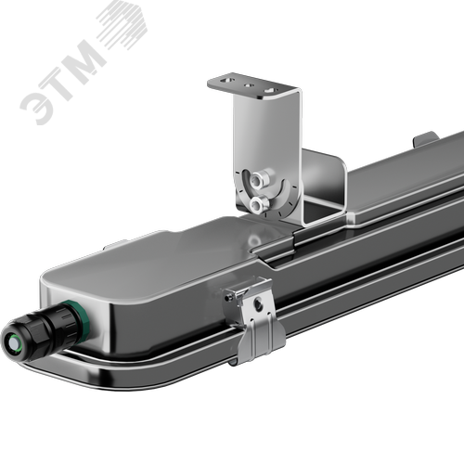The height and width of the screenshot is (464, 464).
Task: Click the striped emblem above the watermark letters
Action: (x=123, y=24)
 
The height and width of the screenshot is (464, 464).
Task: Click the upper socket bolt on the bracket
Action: (x=257, y=179)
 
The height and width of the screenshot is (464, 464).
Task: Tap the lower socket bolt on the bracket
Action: (x=258, y=204)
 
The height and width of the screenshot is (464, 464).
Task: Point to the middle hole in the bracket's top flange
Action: (x=249, y=84)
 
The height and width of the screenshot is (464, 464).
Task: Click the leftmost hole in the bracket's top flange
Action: (x=226, y=81)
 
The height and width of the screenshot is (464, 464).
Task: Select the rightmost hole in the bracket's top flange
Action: (x=270, y=91)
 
